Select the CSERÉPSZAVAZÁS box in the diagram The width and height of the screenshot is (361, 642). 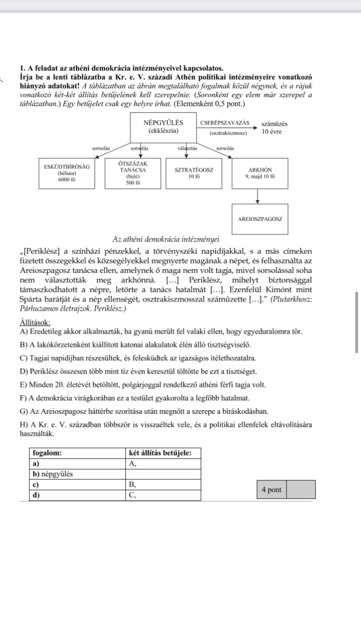[x=228, y=127]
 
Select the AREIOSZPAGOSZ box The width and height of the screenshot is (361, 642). [x=260, y=218]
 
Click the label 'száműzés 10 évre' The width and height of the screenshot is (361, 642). [x=275, y=128]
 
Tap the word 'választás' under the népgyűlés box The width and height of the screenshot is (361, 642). [x=187, y=148]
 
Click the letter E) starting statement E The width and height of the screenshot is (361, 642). [x=24, y=385]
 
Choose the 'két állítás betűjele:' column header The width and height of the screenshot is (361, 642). [x=160, y=453]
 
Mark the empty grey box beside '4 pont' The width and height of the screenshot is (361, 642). [x=301, y=489]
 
